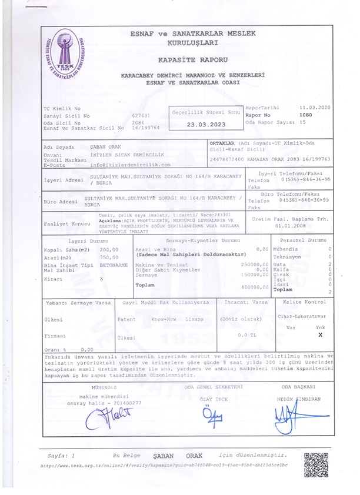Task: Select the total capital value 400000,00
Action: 255,287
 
